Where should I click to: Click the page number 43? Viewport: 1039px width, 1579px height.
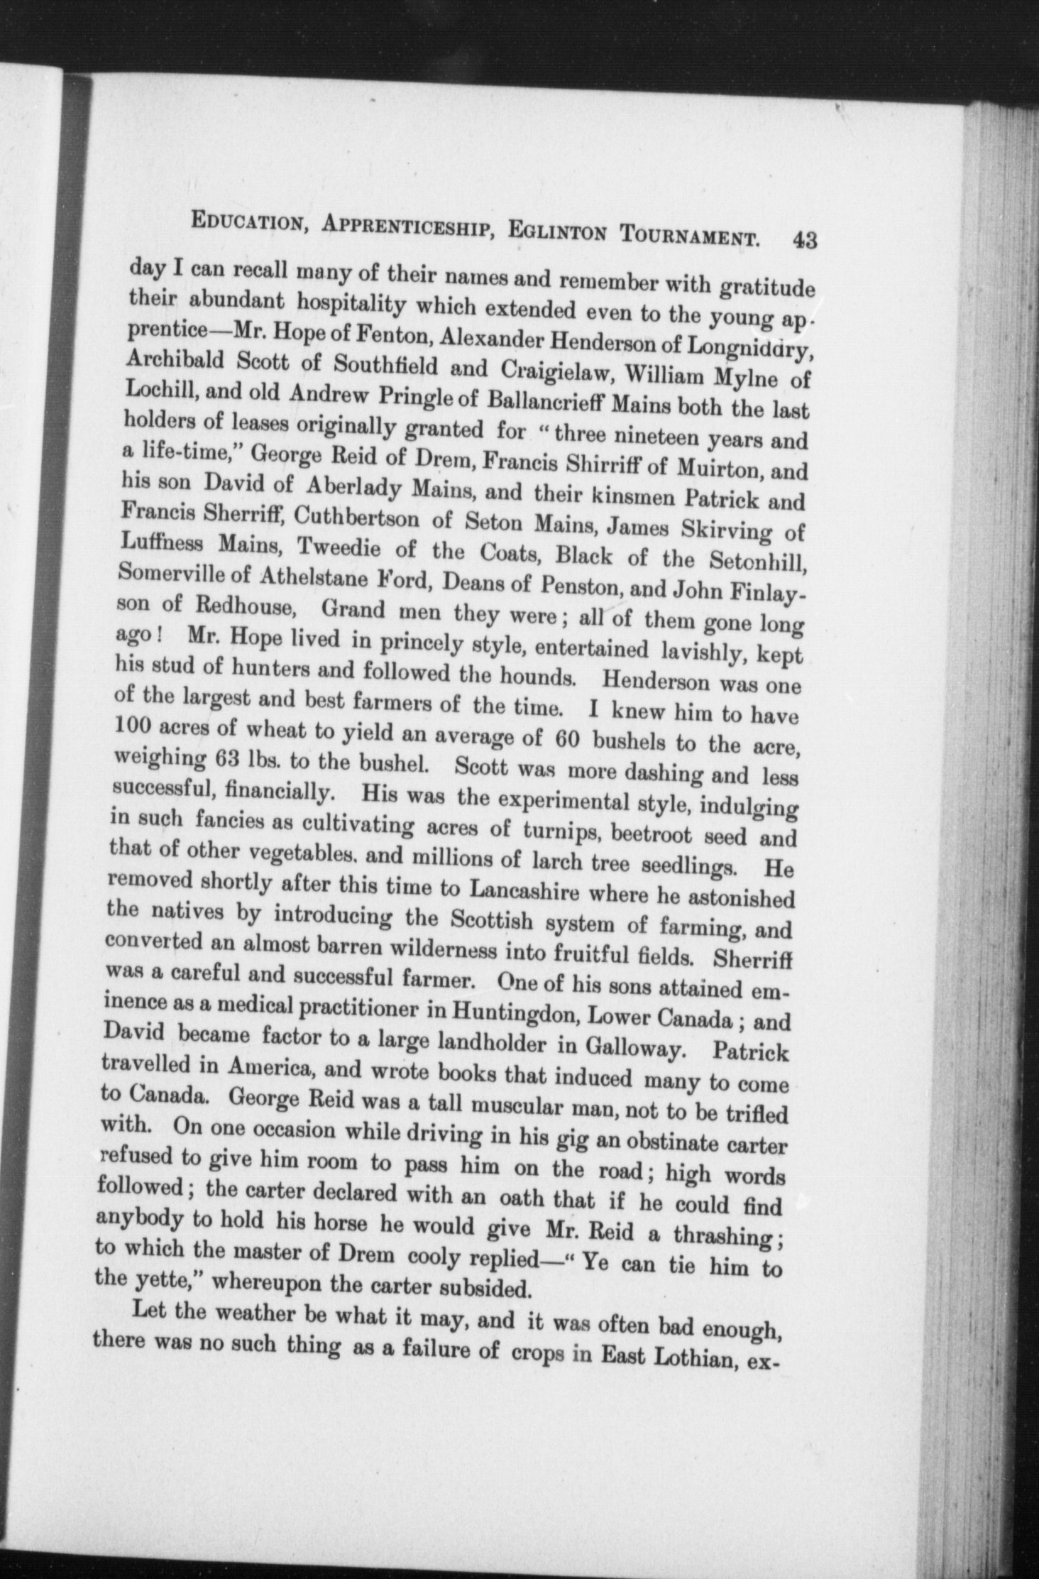[806, 239]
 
